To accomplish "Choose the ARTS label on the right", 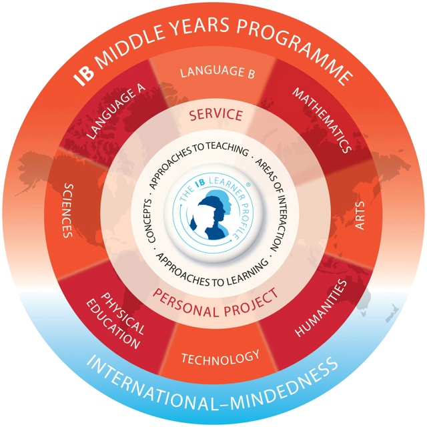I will [360, 217].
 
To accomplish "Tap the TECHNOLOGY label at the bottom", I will [220, 358].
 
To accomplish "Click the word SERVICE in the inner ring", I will [216, 115].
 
